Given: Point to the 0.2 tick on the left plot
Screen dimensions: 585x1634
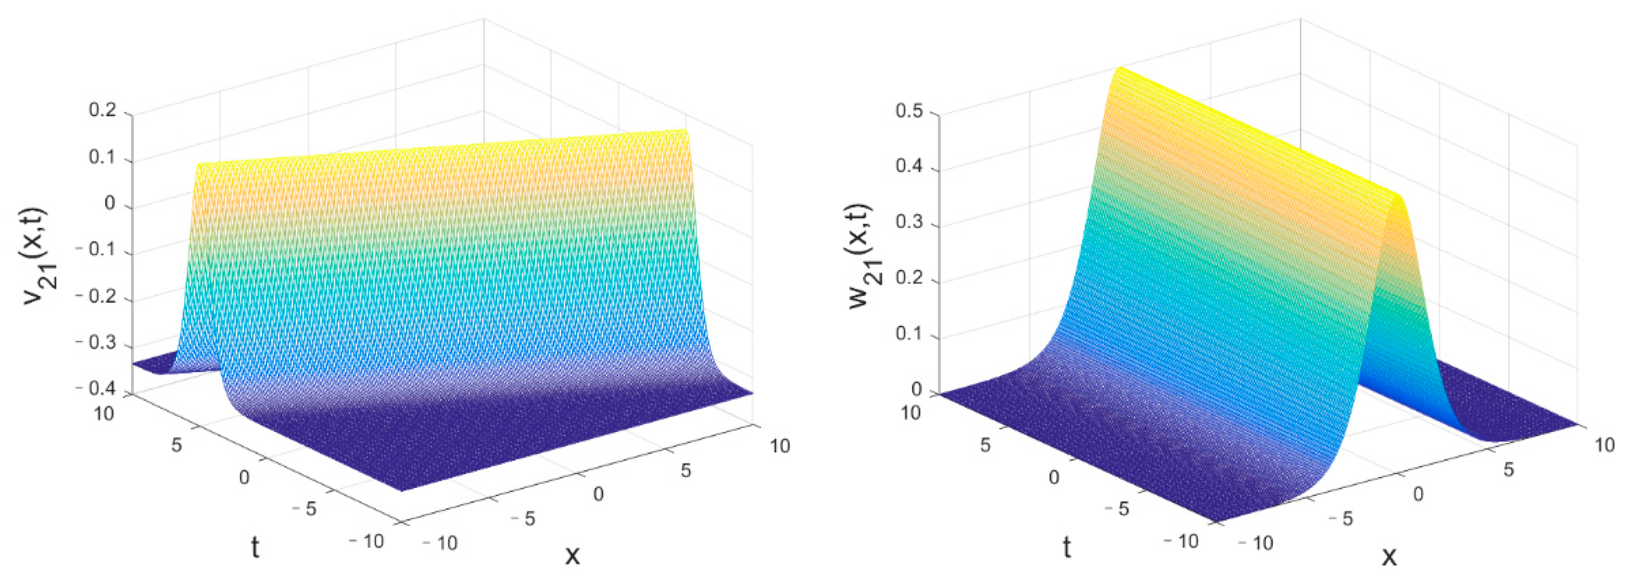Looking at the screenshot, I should click(x=102, y=110).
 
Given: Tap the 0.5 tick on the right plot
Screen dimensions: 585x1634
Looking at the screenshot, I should click(x=908, y=112).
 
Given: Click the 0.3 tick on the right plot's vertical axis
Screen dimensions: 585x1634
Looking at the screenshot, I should click(x=908, y=224).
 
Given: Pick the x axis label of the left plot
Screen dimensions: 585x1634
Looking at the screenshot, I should click(x=572, y=555).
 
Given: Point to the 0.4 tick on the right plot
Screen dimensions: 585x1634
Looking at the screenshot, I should click(x=908, y=167).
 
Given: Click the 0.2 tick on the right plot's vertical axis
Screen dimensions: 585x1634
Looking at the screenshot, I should click(x=908, y=279).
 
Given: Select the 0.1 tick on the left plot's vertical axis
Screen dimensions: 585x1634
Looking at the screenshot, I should click(x=102, y=157).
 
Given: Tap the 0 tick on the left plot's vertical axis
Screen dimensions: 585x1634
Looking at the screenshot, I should click(x=110, y=203).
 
